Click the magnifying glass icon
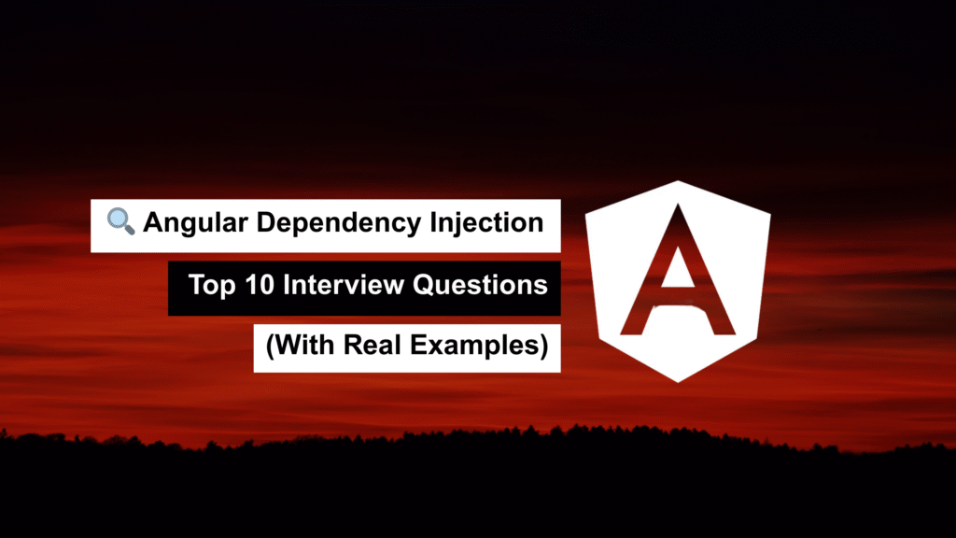pos(120,220)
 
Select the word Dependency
pos(338,223)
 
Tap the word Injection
pos(486,223)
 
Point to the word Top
pos(212,286)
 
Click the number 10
pos(260,285)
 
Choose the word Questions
pos(480,285)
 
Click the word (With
pos(301,346)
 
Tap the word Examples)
pos(479,346)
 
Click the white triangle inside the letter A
pos(678,267)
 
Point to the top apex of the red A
pos(678,205)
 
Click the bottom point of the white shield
pos(678,382)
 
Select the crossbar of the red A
pos(678,296)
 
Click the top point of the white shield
pos(678,181)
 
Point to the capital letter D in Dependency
pos(267,222)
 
